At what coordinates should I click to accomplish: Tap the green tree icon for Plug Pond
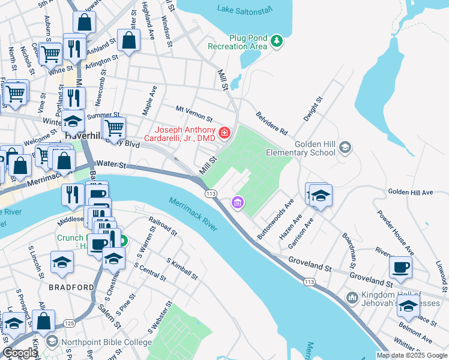coord(276,41)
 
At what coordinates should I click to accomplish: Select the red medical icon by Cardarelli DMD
coord(224,131)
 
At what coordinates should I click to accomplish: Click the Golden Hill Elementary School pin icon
coord(345,147)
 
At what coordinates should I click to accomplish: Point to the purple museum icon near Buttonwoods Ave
coord(238,203)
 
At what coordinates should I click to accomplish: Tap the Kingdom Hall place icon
coord(352,296)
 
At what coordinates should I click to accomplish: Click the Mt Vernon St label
coord(194,112)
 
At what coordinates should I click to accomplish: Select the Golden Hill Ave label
coord(410,192)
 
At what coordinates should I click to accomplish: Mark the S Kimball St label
coord(182,268)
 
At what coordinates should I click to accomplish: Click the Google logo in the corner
coord(19,353)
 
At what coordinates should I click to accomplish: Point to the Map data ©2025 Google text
coord(412,355)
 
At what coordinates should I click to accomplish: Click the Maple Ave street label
coord(149,100)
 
